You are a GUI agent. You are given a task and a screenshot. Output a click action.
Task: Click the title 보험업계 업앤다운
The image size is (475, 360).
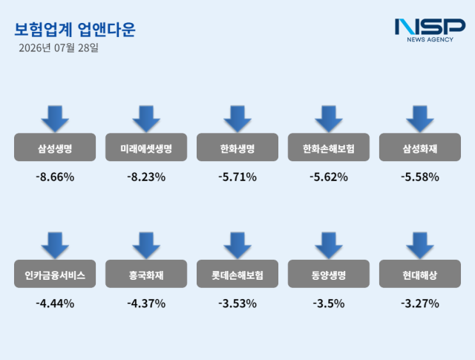tap(75, 30)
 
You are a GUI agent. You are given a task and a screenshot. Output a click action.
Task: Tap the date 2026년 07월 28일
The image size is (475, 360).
tap(59, 48)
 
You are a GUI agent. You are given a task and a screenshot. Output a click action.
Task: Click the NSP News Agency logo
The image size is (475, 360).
tap(430, 30)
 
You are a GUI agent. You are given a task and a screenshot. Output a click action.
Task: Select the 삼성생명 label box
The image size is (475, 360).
tap(55, 147)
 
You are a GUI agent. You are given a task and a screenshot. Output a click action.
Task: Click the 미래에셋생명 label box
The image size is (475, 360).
tap(146, 147)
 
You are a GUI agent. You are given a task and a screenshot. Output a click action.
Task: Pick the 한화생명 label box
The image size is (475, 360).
tap(237, 147)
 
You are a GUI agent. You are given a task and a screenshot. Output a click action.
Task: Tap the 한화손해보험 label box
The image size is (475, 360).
tap(329, 147)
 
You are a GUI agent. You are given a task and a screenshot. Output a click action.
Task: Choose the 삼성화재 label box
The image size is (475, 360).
tap(420, 147)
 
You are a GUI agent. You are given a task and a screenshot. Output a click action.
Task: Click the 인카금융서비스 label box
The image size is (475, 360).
tap(55, 274)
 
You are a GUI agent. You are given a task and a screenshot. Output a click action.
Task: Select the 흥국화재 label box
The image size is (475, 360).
tap(146, 274)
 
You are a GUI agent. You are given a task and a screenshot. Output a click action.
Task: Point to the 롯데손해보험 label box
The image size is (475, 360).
tap(237, 274)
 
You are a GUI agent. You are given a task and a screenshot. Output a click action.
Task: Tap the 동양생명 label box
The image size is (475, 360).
tap(329, 274)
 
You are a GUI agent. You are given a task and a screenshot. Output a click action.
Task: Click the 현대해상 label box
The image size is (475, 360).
tap(420, 274)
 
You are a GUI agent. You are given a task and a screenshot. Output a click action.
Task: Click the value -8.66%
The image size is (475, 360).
tap(55, 177)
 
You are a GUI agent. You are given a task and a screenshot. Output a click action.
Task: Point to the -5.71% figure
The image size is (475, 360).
tap(237, 177)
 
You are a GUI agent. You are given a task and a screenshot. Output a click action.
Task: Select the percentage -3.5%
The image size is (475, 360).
tap(329, 304)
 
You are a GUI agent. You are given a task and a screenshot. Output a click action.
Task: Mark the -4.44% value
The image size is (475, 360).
tap(55, 304)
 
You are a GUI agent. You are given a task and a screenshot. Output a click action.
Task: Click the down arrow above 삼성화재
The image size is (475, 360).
tap(420, 119)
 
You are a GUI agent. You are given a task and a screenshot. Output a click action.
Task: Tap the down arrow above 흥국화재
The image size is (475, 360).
tap(146, 246)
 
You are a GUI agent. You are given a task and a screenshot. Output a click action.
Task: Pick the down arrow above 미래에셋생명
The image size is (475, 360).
tap(146, 119)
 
